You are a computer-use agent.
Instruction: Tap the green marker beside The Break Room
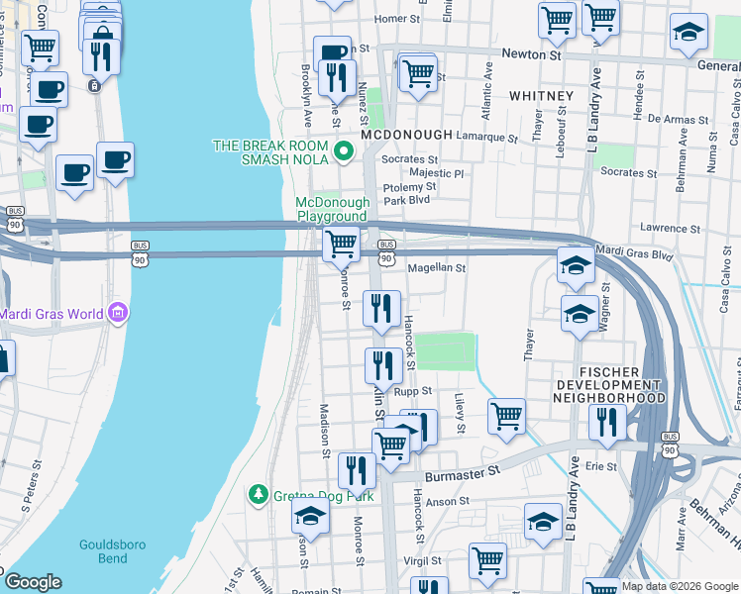tap(344, 151)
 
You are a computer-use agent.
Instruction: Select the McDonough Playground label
tap(331, 209)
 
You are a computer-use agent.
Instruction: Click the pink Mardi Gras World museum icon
tap(118, 315)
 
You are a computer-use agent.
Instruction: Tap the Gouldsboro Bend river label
tap(104, 551)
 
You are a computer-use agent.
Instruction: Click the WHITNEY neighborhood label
tap(541, 96)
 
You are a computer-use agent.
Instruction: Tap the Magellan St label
tap(437, 267)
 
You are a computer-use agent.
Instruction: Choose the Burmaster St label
tap(461, 476)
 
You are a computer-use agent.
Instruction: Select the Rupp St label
tap(414, 392)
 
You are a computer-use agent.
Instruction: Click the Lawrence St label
tap(670, 228)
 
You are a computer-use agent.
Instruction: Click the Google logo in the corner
tap(33, 582)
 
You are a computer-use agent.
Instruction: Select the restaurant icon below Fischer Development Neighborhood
tap(606, 422)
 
